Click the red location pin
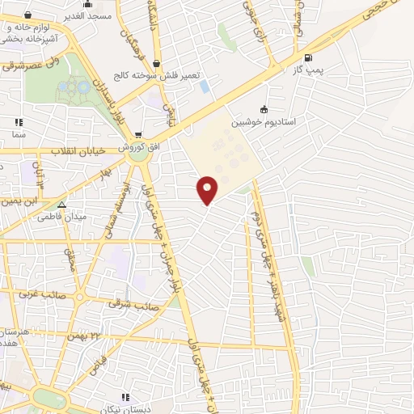209,189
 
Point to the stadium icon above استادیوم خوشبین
264,110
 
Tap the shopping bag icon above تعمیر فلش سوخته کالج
155,63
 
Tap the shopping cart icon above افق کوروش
139,134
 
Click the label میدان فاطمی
62,216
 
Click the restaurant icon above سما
18,122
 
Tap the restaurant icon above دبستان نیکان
125,397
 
